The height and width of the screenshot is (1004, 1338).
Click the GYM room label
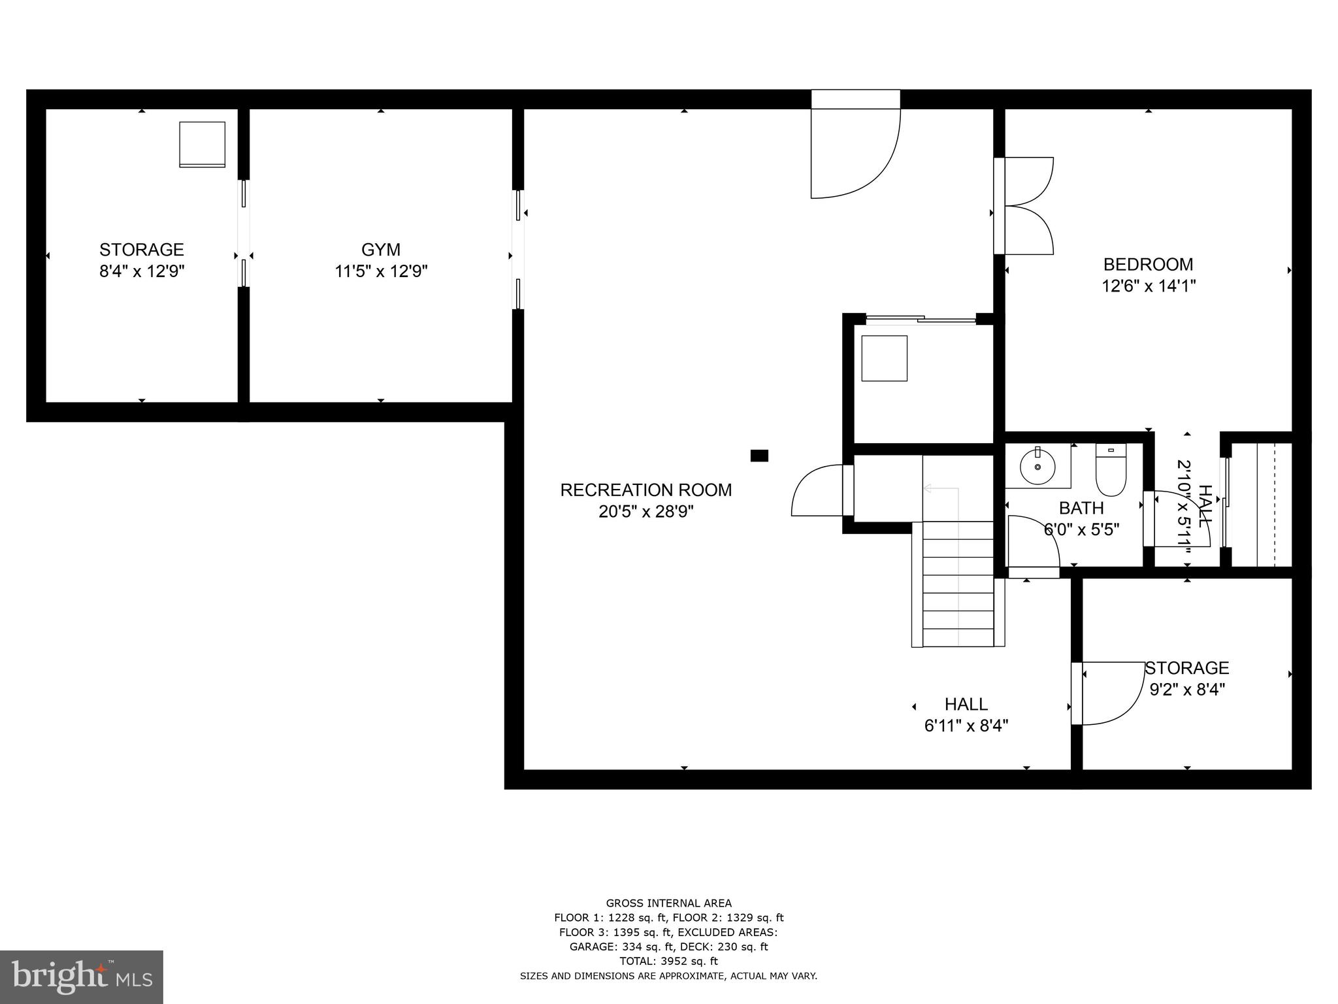380,250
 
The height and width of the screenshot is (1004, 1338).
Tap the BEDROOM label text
1148,265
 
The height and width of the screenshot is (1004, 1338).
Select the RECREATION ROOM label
645,490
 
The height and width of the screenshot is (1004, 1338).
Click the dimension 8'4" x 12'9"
142,271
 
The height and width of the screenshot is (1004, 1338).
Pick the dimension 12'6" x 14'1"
1149,286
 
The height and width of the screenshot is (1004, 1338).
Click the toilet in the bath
1111,471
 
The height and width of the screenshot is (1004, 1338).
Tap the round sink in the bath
1037,467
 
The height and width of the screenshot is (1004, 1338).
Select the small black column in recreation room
759,456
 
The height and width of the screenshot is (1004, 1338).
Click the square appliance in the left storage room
203,144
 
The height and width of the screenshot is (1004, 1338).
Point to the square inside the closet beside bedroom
884,358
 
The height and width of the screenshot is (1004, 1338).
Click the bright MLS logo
81,977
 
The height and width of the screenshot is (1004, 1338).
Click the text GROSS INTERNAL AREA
668,903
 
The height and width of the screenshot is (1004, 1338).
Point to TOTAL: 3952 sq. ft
668,961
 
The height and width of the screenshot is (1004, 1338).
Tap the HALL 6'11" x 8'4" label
966,714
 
